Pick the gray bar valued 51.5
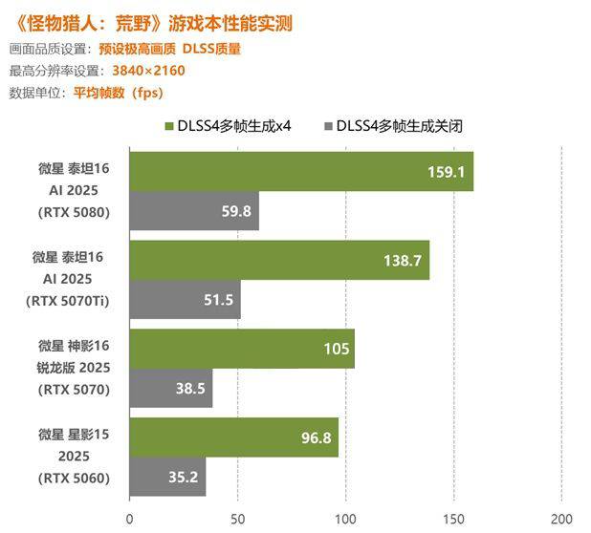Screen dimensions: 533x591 [185, 299]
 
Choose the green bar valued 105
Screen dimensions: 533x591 [242, 349]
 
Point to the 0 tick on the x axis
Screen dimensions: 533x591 [130, 519]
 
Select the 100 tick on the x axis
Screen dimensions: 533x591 [345, 519]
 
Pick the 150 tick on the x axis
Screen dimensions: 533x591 [453, 519]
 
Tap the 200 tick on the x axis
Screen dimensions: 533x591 [561, 519]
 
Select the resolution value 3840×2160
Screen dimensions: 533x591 [148, 70]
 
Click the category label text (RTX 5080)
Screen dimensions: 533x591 [75, 212]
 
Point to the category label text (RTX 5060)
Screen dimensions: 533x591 [75, 477]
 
